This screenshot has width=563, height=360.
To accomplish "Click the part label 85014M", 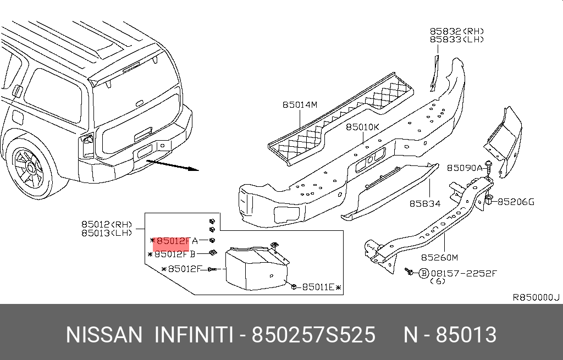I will [x=300, y=104].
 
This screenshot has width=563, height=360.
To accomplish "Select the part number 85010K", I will [x=362, y=127].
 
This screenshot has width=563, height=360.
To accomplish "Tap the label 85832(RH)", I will [x=457, y=31].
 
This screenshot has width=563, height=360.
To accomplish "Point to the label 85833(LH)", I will [x=457, y=40].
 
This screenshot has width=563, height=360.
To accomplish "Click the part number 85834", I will [x=424, y=203].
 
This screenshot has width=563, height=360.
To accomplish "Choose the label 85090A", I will [x=464, y=168].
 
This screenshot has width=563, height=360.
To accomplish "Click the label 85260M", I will [x=439, y=257].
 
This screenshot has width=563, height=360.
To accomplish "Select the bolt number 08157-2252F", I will [x=463, y=273].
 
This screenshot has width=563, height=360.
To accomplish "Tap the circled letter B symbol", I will [x=423, y=273].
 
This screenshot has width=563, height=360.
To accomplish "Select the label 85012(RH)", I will [x=107, y=224].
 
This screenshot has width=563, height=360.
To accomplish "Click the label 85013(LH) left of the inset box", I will [x=107, y=232].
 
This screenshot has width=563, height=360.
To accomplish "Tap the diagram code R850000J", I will [x=536, y=297].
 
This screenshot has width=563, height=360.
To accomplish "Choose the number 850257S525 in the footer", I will [x=313, y=335].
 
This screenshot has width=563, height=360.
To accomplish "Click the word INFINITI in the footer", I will [x=193, y=335].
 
